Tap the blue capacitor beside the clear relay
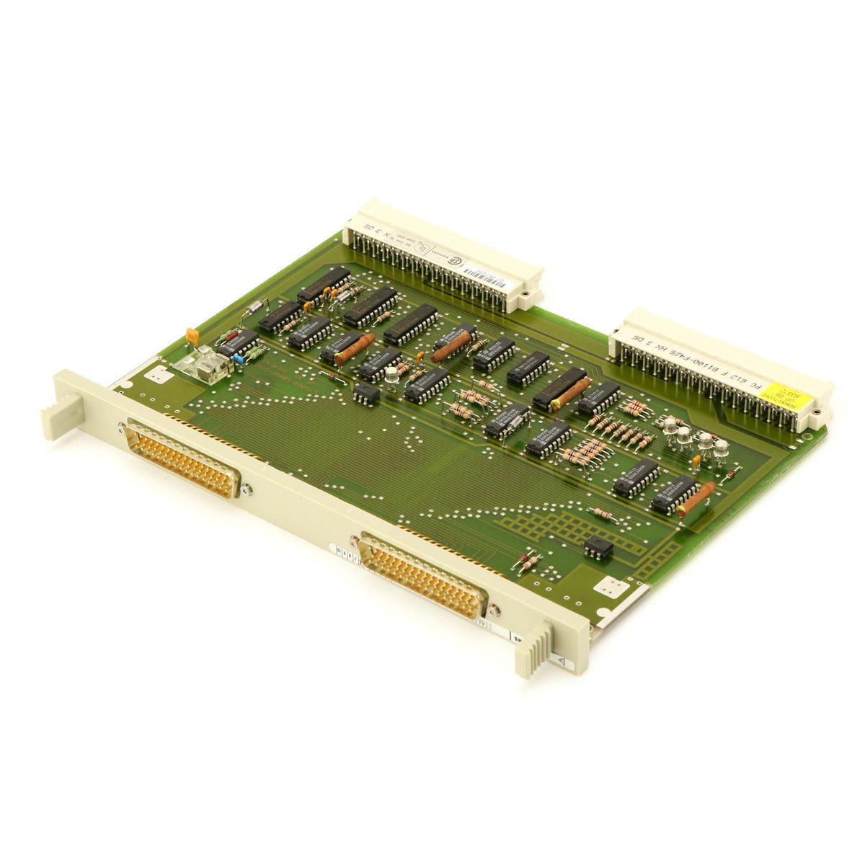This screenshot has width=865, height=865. click(x=239, y=358)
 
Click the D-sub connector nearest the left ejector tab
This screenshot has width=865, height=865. click(x=183, y=457)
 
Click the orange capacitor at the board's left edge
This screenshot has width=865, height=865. click(x=192, y=335)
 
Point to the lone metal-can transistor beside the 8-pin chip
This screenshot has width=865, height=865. click(x=391, y=373)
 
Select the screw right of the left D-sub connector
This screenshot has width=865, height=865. click(x=248, y=489)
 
